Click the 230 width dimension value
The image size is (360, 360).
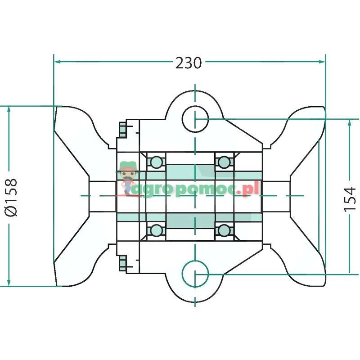pos(189,63)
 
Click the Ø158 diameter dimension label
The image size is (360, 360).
pos(11,197)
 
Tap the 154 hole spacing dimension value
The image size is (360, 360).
pos(350,199)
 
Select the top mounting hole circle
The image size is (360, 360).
pos(195,106)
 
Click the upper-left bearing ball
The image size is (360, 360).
pos(156,162)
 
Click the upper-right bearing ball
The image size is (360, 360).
pos(224,162)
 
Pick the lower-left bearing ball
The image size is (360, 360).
pos(156,230)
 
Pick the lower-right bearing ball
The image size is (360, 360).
pos(224,230)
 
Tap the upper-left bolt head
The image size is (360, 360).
pos(122,130)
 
